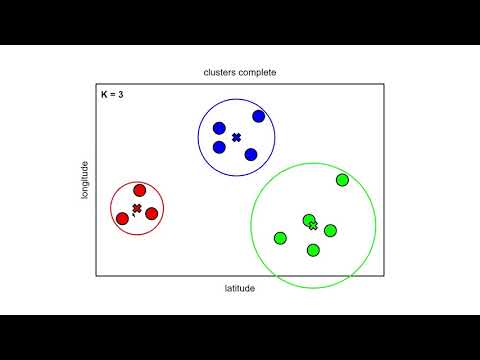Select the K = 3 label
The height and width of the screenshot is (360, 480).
112,95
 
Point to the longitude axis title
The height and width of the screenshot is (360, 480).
86,179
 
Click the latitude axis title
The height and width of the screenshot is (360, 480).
240,288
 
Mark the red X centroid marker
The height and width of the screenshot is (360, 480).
137,208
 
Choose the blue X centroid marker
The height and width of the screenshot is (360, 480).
237,137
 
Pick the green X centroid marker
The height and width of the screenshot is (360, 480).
313,226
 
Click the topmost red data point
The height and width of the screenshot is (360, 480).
140,191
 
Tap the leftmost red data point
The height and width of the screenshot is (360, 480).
122,217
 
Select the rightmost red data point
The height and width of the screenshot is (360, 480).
152,213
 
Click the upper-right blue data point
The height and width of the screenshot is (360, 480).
259,116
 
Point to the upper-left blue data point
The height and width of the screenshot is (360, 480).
219,128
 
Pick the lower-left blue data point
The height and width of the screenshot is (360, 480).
219,147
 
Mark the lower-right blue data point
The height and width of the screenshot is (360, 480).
251,154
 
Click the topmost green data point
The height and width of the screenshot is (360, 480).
342,180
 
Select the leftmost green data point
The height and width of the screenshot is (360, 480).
280,238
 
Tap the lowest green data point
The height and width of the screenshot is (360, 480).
313,249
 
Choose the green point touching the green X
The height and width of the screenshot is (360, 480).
308,220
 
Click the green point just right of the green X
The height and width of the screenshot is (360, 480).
330,230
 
